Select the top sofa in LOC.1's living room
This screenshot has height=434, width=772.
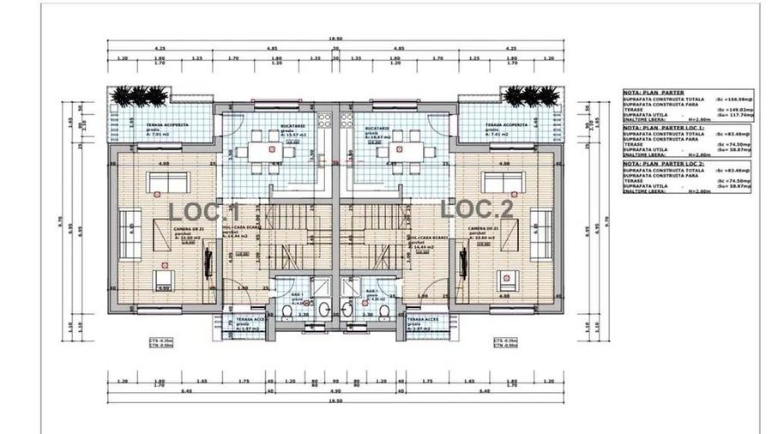pos(168,181)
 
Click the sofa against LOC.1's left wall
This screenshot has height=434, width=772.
pos(124,230)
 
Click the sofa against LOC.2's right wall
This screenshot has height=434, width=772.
pos(543,230)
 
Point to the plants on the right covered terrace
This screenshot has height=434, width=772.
pos(524,96)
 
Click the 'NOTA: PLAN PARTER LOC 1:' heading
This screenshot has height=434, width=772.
pos(663,126)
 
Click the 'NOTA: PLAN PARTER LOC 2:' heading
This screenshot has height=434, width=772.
pos(663,163)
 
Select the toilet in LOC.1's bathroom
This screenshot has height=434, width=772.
pos(286,310)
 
